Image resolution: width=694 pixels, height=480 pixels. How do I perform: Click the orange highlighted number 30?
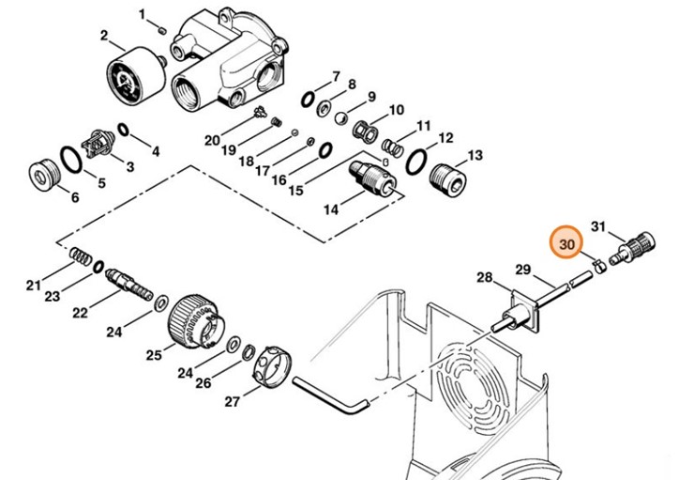[565, 243]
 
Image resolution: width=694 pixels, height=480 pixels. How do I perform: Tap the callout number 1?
[143, 14]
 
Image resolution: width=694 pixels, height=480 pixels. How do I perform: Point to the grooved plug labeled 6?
[41, 175]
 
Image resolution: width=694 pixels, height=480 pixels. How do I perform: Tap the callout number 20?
[212, 140]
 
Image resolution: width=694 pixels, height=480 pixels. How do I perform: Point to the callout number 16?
[279, 179]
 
